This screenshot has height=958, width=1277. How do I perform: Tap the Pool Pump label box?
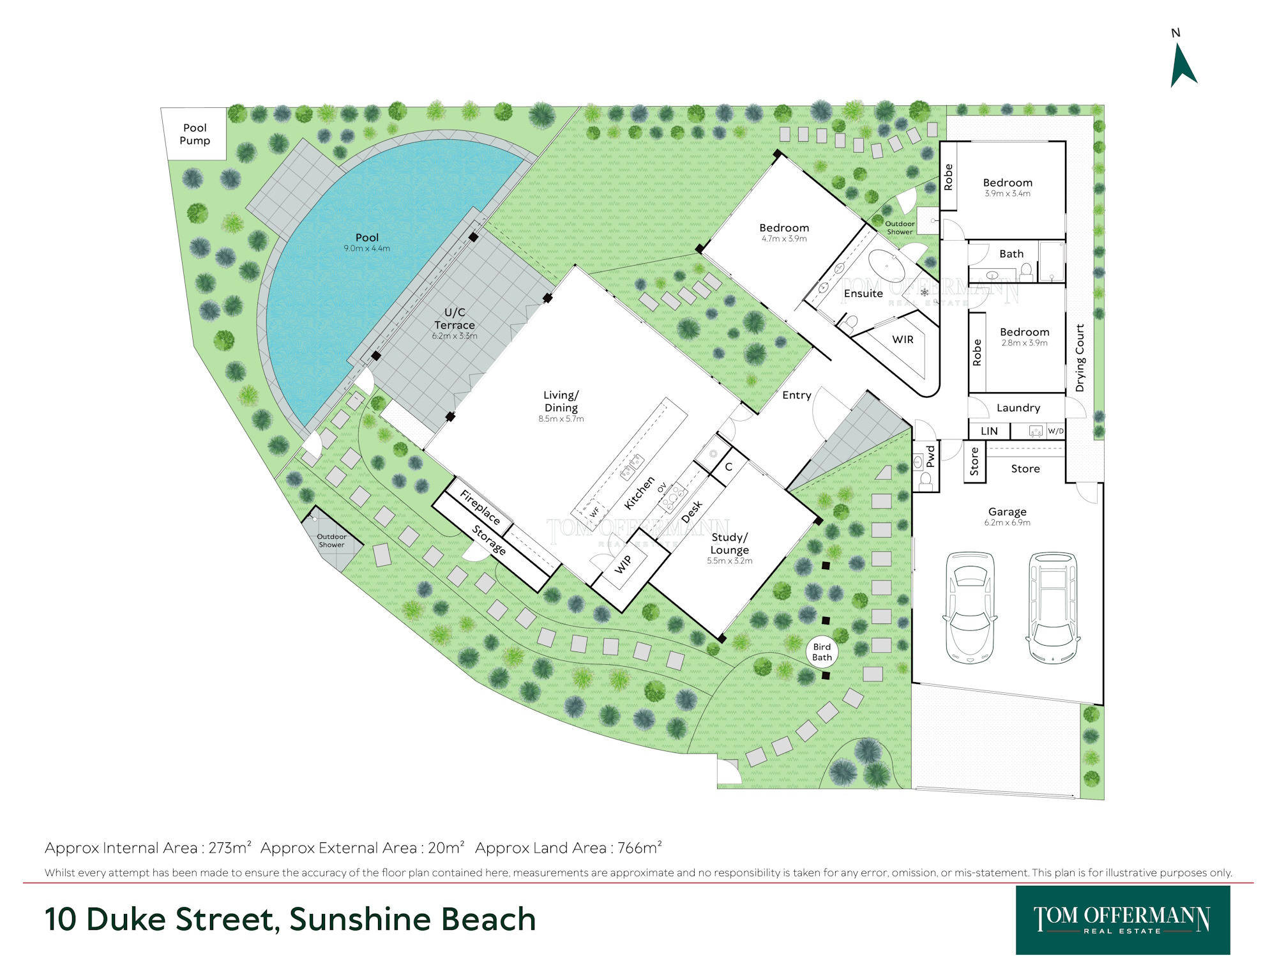[x=194, y=134]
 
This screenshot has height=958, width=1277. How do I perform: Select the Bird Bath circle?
[x=822, y=651]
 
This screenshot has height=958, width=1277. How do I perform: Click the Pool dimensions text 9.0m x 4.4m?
[x=366, y=248]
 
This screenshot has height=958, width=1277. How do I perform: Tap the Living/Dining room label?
[x=561, y=401]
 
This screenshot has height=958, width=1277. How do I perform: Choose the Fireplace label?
[x=480, y=506]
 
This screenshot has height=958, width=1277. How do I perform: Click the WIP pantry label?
[x=623, y=564]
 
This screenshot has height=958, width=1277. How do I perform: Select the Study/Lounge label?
[x=729, y=544]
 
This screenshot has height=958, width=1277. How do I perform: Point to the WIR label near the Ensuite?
[x=902, y=339]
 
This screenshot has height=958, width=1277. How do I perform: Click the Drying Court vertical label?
[x=1080, y=358]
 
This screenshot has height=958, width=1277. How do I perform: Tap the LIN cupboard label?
[x=989, y=431]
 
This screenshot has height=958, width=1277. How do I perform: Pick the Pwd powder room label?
[x=930, y=456]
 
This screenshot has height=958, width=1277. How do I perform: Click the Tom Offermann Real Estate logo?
[x=1122, y=920]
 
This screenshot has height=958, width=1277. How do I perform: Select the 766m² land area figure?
[x=639, y=848]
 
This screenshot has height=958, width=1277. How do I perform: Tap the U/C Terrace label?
[x=455, y=318]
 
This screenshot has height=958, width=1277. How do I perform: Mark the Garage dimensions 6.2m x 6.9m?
[x=1007, y=522]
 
